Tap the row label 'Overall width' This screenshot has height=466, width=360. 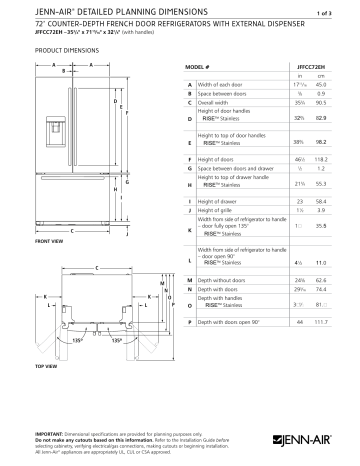click(221, 101)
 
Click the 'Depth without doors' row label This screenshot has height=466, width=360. click(226, 281)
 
